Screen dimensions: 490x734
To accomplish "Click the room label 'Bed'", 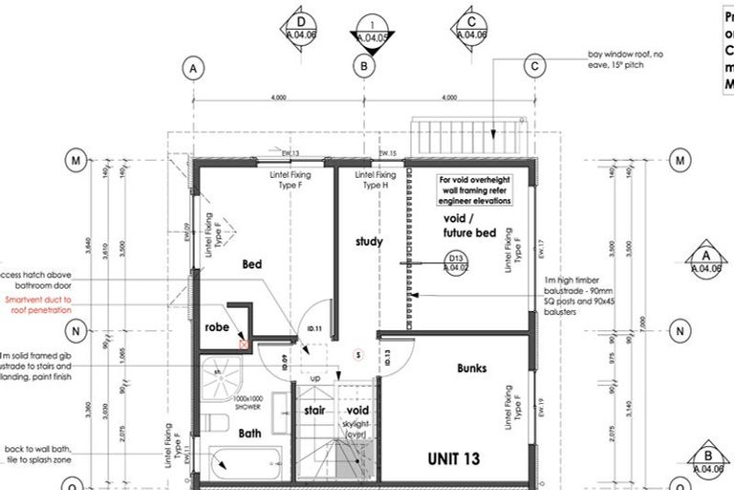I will tap(252, 263).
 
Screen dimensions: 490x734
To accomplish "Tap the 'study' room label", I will tap(369, 241).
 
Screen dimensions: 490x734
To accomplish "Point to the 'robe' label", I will tap(217, 326).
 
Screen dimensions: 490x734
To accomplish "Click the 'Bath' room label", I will tap(250, 434).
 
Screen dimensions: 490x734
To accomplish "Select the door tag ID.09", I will tap(284, 362).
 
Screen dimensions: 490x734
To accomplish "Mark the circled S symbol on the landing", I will tap(357, 354).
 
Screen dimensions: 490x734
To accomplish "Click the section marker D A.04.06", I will tap(301, 29).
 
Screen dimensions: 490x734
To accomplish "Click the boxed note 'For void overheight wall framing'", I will tap(475, 190).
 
